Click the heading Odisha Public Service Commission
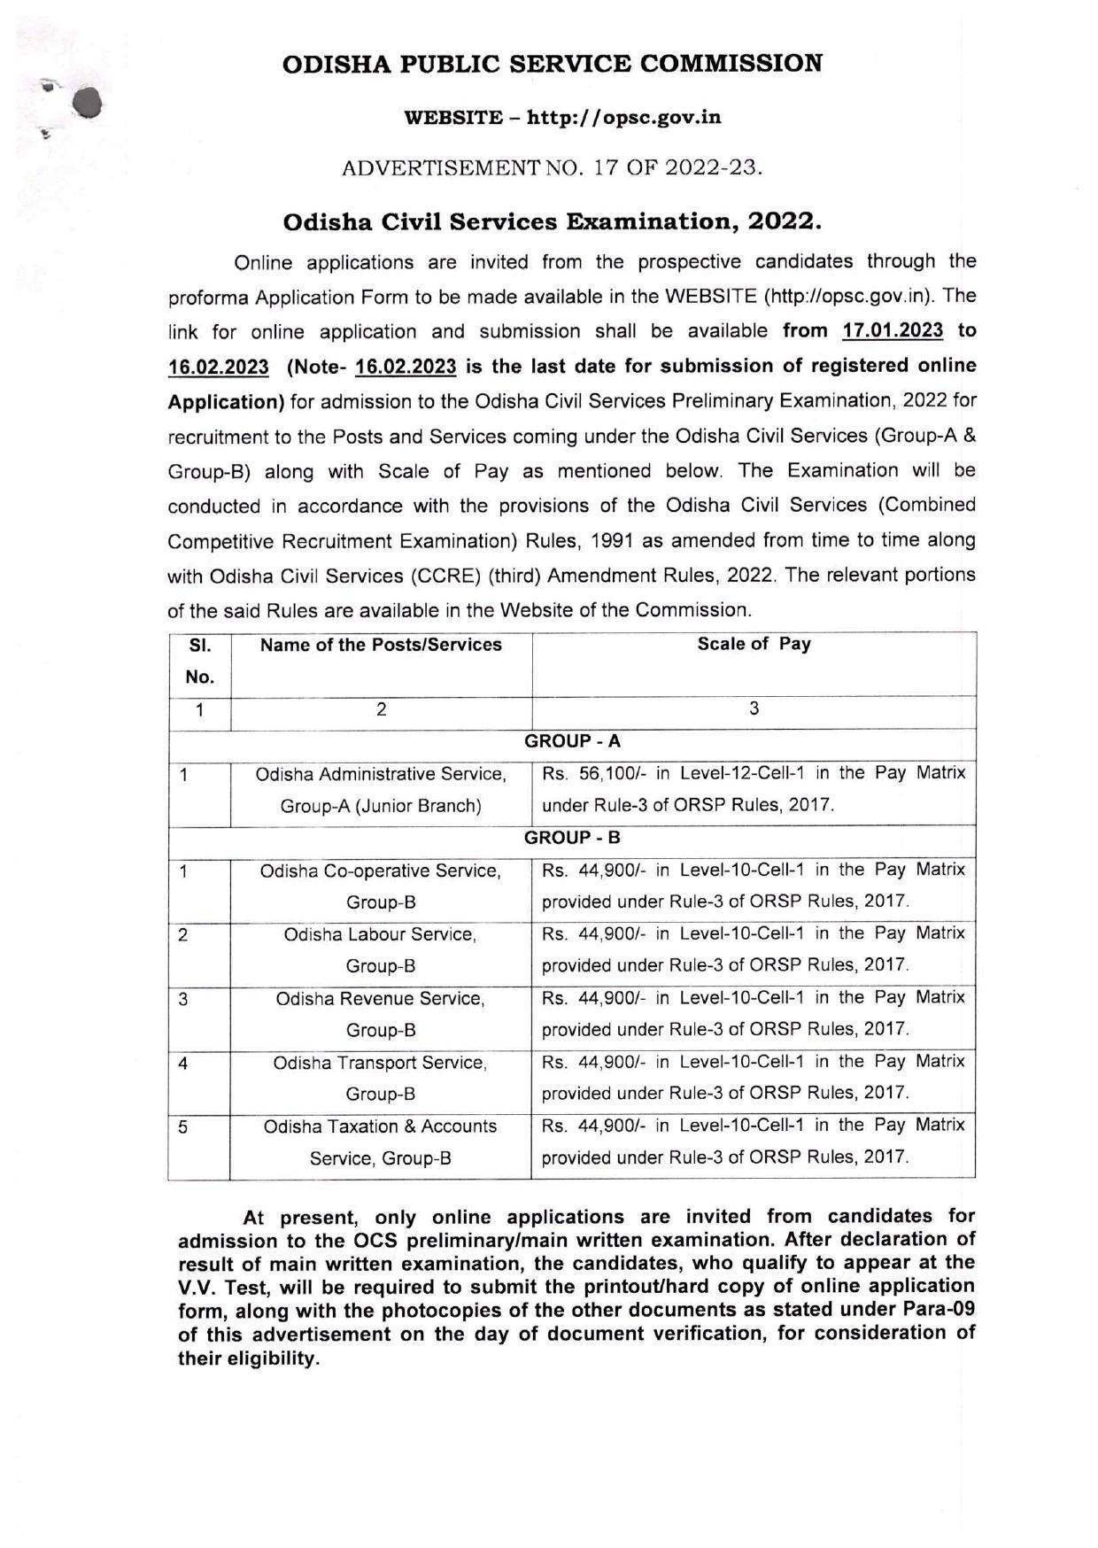(552, 64)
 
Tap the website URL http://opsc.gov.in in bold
(623, 117)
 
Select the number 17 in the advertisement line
(605, 167)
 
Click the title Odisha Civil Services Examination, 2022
(552, 221)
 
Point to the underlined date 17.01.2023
(893, 331)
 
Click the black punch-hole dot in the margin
(88, 104)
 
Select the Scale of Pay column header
(754, 645)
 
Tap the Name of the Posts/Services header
(381, 645)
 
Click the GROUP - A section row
(572, 742)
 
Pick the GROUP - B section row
(572, 838)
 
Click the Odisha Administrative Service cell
(381, 790)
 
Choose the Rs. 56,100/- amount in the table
(593, 773)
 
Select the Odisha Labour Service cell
(381, 950)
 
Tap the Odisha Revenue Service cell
(381, 1014)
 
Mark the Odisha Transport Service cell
(381, 1078)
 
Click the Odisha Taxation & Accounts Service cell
(381, 1142)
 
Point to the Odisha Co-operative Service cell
(381, 886)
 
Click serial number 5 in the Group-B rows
(183, 1127)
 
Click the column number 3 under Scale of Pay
(754, 708)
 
